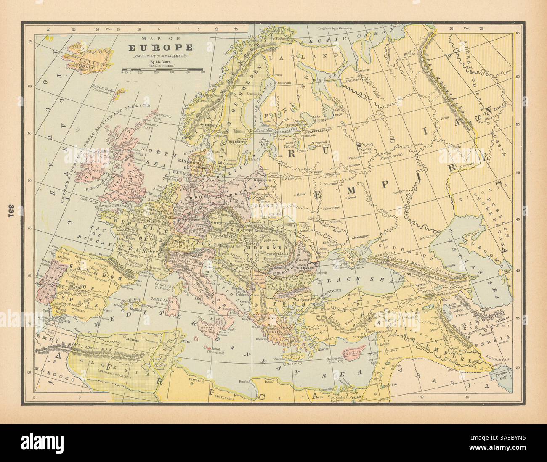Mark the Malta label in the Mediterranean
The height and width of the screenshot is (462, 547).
[215, 349]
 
